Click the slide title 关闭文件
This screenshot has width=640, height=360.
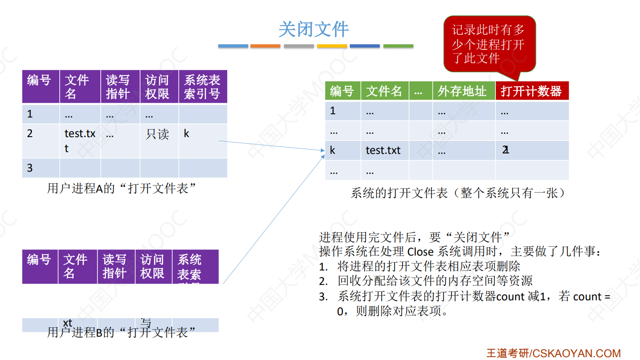[x=313, y=29]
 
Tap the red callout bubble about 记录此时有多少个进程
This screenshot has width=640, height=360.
[x=489, y=44]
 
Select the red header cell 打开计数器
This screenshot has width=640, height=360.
[x=531, y=91]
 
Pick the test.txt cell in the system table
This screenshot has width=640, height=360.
[x=383, y=151]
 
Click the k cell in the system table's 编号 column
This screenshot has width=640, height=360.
[x=333, y=151]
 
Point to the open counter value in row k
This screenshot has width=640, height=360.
[x=506, y=151]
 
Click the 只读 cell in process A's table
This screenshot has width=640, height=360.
[x=158, y=134]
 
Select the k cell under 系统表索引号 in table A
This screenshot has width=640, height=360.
[x=187, y=134]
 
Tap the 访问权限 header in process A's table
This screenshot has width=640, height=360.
[x=158, y=87]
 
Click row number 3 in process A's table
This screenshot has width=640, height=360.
[x=30, y=168]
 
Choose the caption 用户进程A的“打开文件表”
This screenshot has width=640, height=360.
[x=121, y=188]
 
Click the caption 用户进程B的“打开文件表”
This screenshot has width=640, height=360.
[x=121, y=332]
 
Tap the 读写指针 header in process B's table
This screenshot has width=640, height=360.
[x=115, y=266]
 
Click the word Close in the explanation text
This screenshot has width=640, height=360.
[x=420, y=251]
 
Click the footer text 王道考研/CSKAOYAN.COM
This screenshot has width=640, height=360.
[x=554, y=353]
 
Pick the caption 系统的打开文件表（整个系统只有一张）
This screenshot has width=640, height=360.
[x=459, y=193]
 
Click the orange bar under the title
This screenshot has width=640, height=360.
[x=265, y=46]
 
